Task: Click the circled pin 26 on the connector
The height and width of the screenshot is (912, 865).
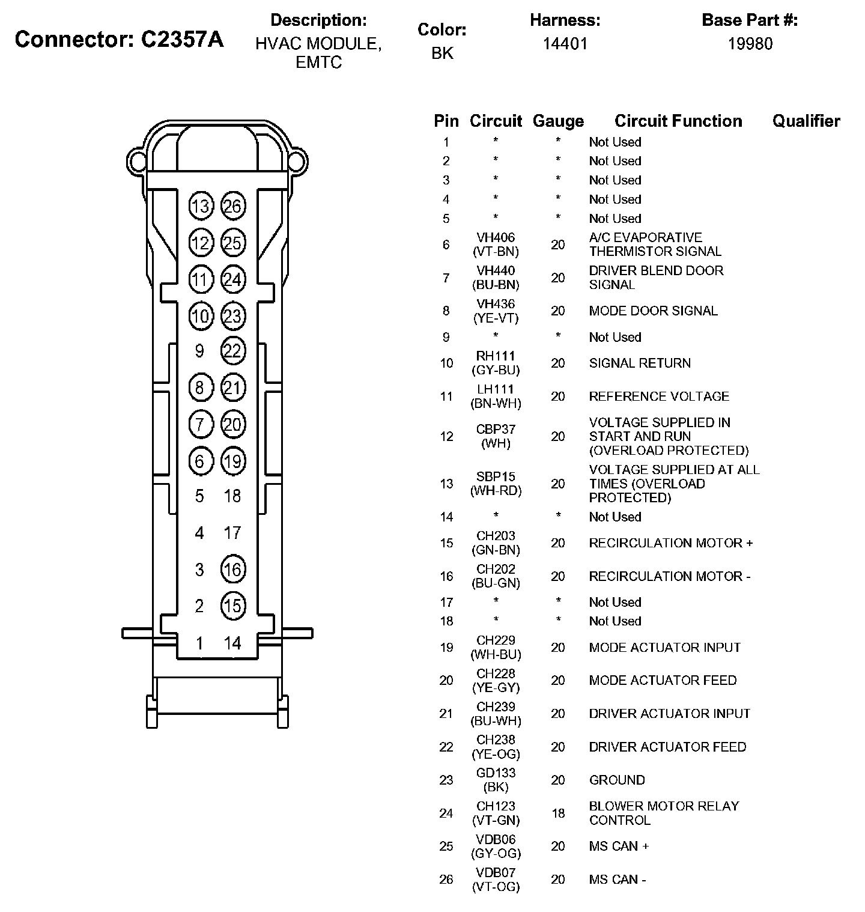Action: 232,206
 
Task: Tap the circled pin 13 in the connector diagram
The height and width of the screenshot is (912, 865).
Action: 200,206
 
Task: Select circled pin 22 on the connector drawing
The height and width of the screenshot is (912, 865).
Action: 232,350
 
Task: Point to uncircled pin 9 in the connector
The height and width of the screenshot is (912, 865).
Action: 199,350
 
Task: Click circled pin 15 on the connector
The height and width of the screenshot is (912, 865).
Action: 232,606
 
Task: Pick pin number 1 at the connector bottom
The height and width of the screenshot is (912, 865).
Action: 199,643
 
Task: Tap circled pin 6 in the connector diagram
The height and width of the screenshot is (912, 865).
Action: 200,461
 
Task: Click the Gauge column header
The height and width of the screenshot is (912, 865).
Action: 558,121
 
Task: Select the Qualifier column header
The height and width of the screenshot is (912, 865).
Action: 806,121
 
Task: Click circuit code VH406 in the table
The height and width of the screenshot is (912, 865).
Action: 496,237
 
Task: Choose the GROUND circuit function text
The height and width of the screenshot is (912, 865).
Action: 617,780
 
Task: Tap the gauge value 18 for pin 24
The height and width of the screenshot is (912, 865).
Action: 558,813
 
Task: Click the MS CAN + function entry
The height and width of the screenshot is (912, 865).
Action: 619,846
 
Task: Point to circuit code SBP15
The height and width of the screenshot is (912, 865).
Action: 496,476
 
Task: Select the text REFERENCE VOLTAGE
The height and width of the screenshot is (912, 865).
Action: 659,397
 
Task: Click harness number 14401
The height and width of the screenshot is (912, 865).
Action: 565,43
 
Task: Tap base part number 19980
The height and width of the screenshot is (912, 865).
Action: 750,43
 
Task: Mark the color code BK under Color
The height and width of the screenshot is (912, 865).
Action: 442,53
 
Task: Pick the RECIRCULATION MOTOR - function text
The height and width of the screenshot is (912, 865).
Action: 669,576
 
